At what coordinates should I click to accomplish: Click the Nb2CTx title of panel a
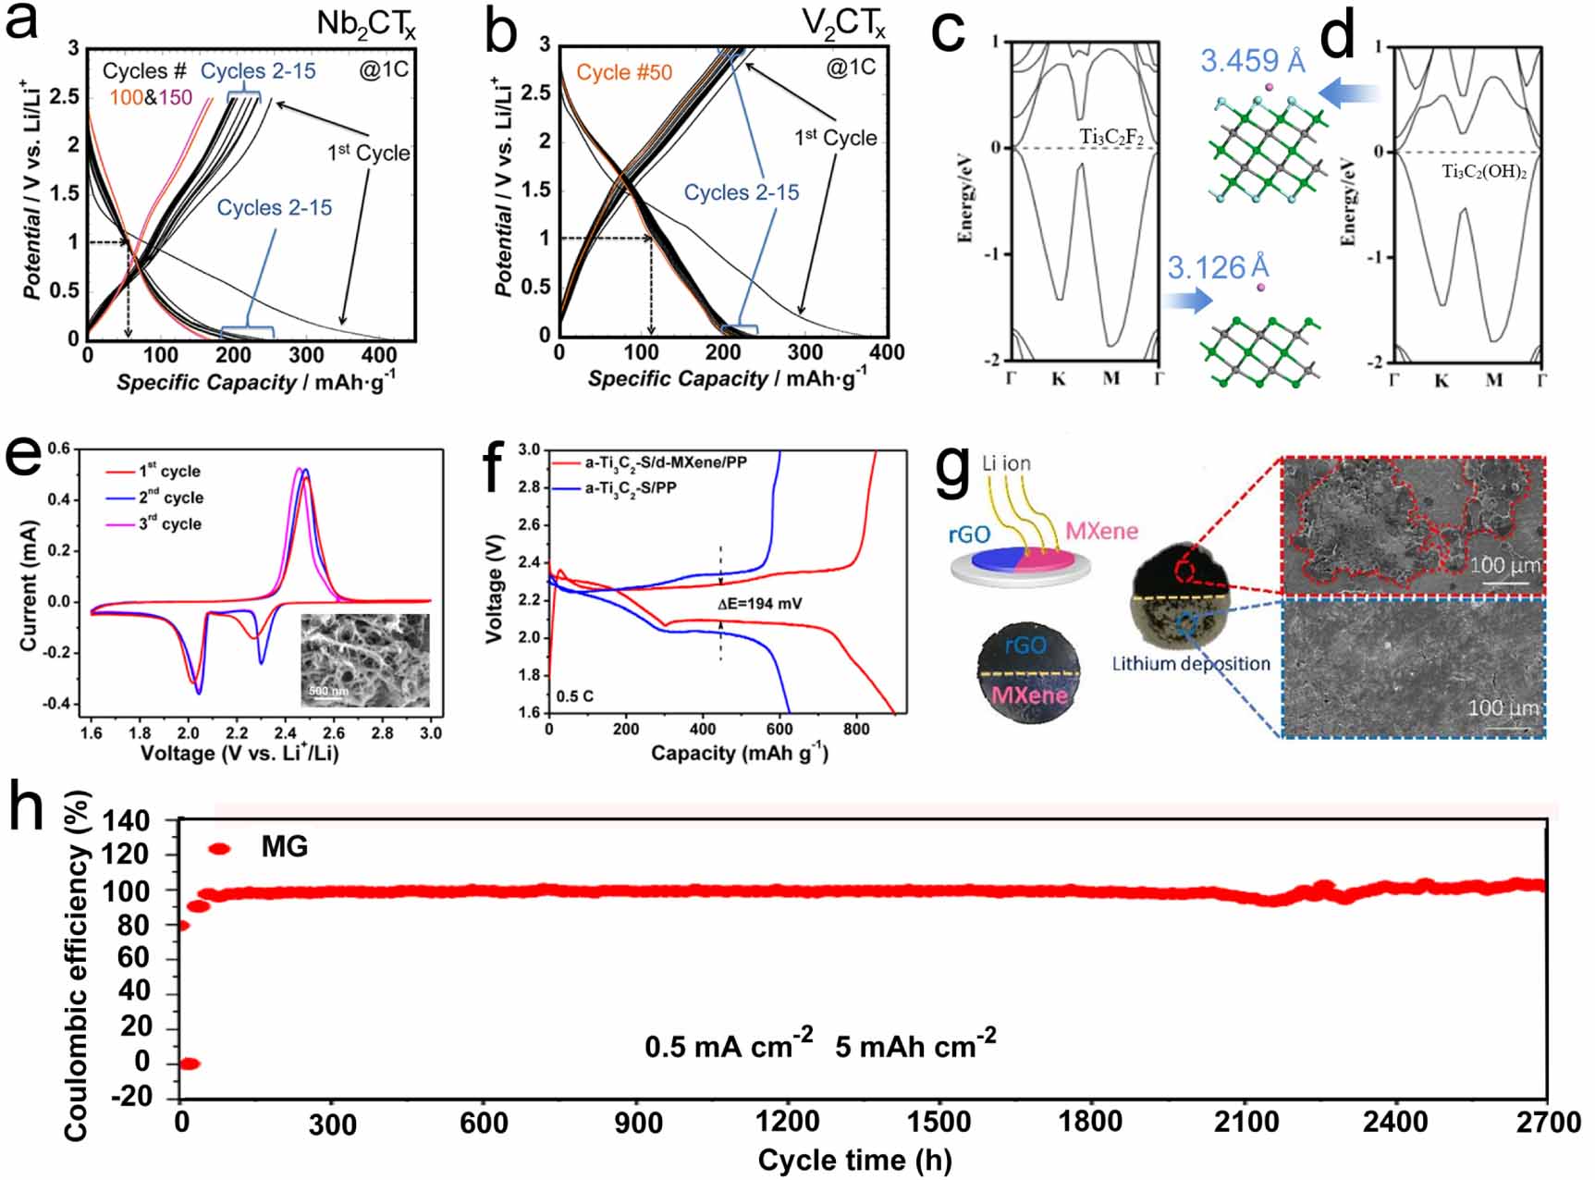point(365,25)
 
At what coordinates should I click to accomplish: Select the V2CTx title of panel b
point(842,25)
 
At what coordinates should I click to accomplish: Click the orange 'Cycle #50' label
point(624,72)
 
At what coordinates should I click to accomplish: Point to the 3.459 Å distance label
point(1253,62)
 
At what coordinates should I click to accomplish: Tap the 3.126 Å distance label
point(1218,268)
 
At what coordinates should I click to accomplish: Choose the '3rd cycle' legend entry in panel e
point(169,524)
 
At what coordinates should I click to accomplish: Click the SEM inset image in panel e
point(365,660)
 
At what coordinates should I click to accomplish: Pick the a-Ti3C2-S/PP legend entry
point(630,487)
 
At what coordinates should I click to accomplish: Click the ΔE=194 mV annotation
point(759,604)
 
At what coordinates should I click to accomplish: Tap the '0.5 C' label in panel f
point(575,695)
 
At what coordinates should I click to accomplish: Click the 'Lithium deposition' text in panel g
point(1190,664)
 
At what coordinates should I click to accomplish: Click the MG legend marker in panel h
point(219,848)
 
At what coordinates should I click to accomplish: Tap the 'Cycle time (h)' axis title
point(854,1160)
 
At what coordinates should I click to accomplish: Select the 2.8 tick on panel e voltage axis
point(382,733)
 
